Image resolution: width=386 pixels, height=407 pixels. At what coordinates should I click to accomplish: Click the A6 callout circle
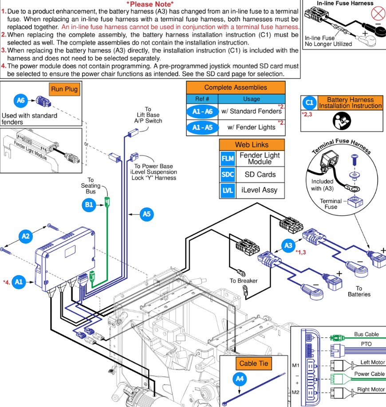(x=20, y=100)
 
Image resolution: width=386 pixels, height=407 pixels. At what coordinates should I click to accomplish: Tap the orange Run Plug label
(x=64, y=89)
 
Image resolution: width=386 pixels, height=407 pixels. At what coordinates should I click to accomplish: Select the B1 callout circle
(x=89, y=205)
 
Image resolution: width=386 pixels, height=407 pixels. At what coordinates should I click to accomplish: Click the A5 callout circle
(x=146, y=214)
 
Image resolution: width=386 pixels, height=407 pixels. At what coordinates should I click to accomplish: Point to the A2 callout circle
(x=26, y=236)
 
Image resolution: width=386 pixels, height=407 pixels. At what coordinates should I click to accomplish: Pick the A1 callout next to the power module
(x=19, y=282)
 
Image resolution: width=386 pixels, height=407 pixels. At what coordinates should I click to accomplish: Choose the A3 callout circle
(x=288, y=245)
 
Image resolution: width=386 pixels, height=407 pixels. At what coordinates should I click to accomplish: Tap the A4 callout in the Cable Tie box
(x=240, y=379)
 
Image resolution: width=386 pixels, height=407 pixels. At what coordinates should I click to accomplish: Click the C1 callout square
(x=310, y=103)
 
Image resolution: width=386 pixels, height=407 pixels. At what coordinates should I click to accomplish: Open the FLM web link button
(x=228, y=158)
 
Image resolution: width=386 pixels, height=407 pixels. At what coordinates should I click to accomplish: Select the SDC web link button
(x=228, y=174)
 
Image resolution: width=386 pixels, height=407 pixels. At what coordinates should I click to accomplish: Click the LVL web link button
(x=228, y=190)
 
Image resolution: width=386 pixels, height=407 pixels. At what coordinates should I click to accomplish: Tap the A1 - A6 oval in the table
(x=202, y=111)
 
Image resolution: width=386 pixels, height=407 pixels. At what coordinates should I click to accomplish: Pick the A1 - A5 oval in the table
(x=202, y=127)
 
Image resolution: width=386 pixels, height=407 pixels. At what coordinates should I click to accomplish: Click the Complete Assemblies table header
(x=236, y=87)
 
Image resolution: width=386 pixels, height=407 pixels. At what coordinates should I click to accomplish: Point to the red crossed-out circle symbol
(x=378, y=13)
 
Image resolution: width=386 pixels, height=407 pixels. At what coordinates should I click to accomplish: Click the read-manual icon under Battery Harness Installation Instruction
(x=342, y=121)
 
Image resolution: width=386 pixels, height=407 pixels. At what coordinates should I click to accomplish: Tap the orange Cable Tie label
(x=254, y=364)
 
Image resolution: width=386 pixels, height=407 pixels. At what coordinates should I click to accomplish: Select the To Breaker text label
(x=244, y=281)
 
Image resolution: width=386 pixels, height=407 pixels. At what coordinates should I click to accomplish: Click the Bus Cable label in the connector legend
(x=366, y=334)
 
